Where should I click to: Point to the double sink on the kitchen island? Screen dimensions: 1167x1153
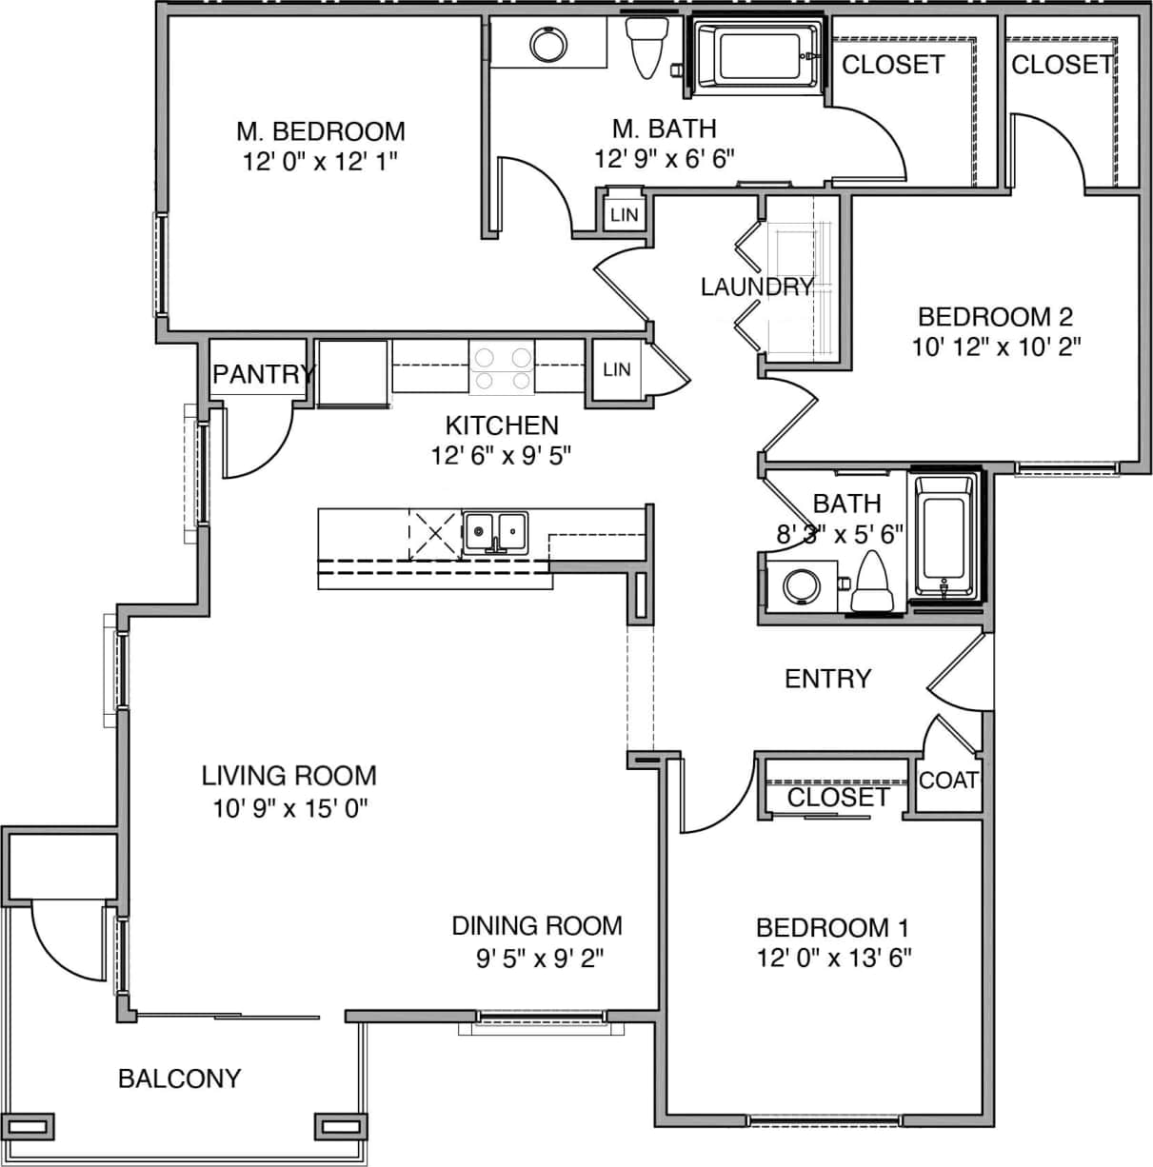(x=495, y=532)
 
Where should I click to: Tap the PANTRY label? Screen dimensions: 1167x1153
(x=263, y=374)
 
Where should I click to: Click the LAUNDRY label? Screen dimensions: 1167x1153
(x=757, y=287)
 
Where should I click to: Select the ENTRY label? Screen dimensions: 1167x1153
(x=827, y=679)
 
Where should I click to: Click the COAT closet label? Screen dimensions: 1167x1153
(x=948, y=781)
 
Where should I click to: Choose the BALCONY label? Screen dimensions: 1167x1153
(x=179, y=1078)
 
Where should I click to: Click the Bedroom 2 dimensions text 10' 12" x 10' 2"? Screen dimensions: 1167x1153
(x=996, y=346)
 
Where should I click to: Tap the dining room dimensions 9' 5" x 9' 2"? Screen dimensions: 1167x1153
(x=539, y=958)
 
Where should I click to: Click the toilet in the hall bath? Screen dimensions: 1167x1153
(x=870, y=583)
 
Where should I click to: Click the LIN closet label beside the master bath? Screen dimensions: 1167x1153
(x=625, y=215)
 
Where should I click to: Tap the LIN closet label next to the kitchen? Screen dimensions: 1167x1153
(x=616, y=368)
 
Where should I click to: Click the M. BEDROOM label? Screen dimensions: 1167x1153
(x=320, y=131)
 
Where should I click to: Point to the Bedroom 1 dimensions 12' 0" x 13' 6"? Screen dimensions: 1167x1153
(x=834, y=958)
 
